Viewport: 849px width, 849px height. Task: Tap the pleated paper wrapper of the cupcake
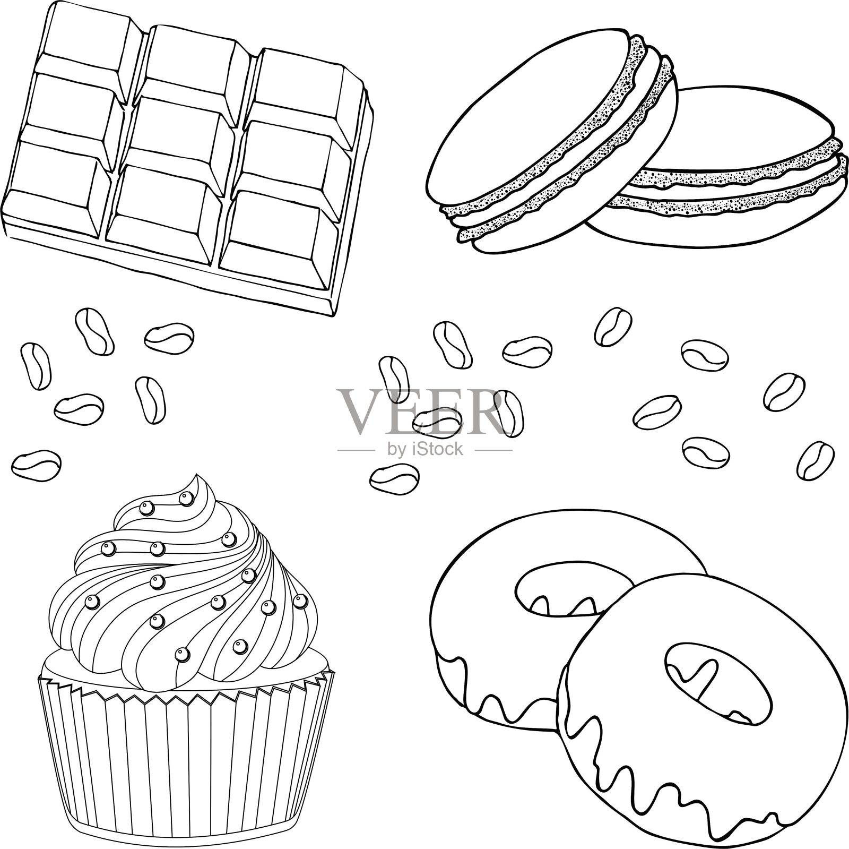pos(186,759)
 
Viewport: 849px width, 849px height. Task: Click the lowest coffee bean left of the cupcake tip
pos(37,465)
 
